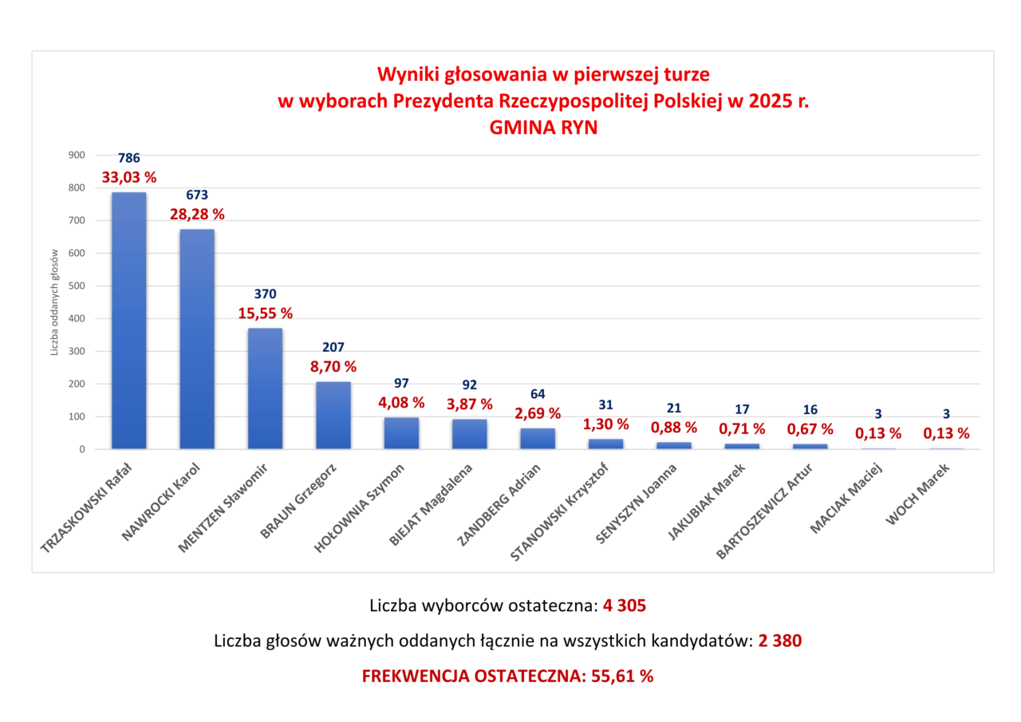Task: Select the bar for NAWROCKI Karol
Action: pos(197,339)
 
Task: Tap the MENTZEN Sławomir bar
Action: pos(265,389)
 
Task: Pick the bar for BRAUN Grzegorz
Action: pos(333,415)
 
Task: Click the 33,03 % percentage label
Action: pos(128,177)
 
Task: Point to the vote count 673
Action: pos(197,195)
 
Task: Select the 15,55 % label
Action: pos(265,314)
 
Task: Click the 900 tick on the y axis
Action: pos(76,156)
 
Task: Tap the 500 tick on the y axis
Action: pos(76,286)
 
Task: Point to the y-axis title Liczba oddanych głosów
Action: pos(55,302)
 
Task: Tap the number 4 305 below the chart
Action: pos(625,606)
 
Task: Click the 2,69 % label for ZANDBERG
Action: pos(537,413)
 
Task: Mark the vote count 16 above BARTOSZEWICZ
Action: pos(810,410)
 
